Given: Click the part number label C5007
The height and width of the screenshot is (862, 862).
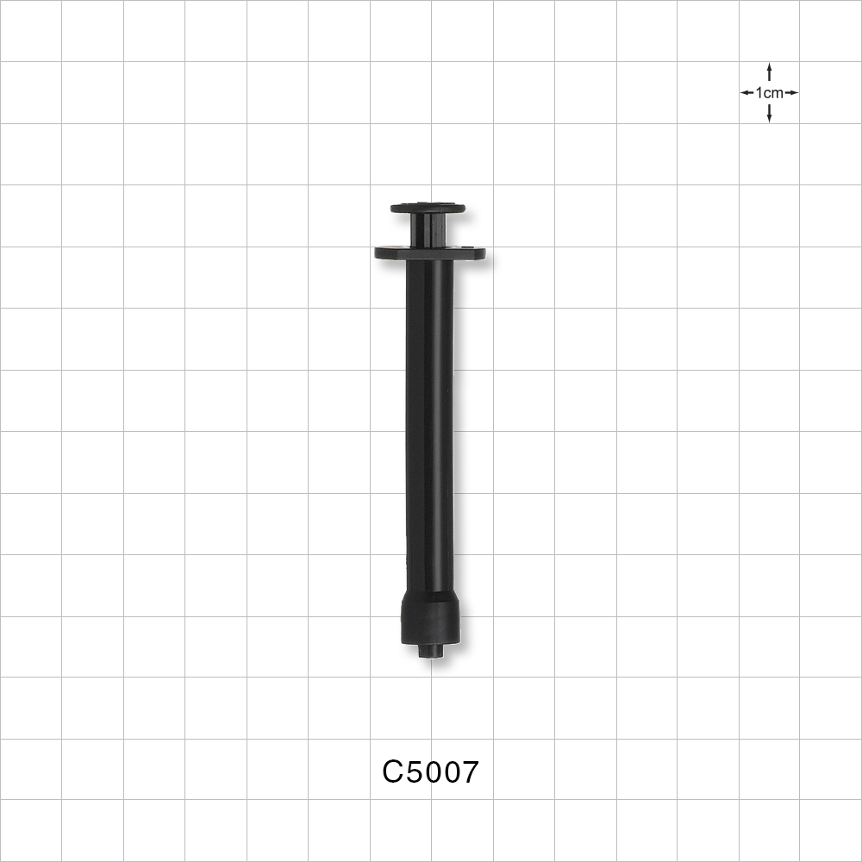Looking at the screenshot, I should tap(430, 772).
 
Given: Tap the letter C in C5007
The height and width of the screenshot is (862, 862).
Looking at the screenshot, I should tap(393, 772).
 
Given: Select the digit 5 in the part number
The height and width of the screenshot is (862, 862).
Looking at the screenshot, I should tap(413, 772).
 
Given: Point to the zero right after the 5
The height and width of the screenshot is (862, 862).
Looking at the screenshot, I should tap(431, 772).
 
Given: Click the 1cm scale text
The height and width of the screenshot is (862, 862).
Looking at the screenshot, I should tap(769, 93).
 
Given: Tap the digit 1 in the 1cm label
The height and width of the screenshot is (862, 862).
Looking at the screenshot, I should tap(759, 93).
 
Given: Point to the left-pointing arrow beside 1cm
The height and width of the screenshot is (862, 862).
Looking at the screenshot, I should tap(746, 93).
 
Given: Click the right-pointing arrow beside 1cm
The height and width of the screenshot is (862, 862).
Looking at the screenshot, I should tap(791, 93).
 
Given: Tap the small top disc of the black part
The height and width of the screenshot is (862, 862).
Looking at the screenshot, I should tap(428, 208).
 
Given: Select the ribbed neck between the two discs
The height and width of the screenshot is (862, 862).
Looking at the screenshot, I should tap(428, 230).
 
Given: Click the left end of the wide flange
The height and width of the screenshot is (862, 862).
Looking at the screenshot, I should tap(380, 253).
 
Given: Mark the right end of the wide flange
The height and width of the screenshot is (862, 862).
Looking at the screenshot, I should tap(479, 253).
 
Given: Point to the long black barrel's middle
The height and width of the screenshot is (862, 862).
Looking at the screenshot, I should tap(429, 422).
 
